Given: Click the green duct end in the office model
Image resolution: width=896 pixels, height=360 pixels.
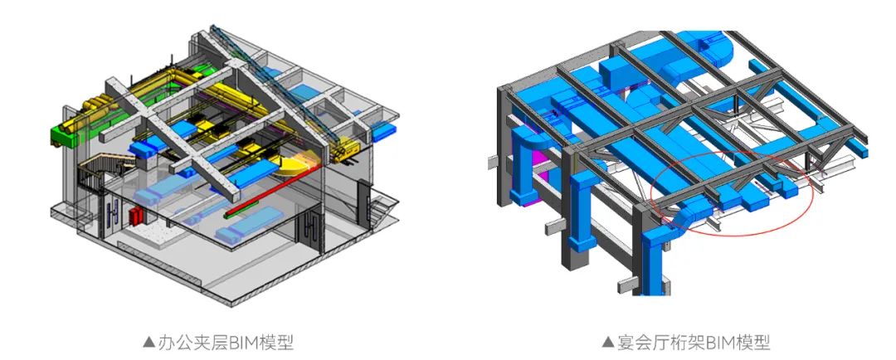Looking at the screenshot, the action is (x=64, y=137).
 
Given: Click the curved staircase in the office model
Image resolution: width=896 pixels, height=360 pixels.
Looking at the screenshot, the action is (x=95, y=172).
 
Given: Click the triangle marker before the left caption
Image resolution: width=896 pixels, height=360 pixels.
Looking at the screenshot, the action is (x=149, y=343).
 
